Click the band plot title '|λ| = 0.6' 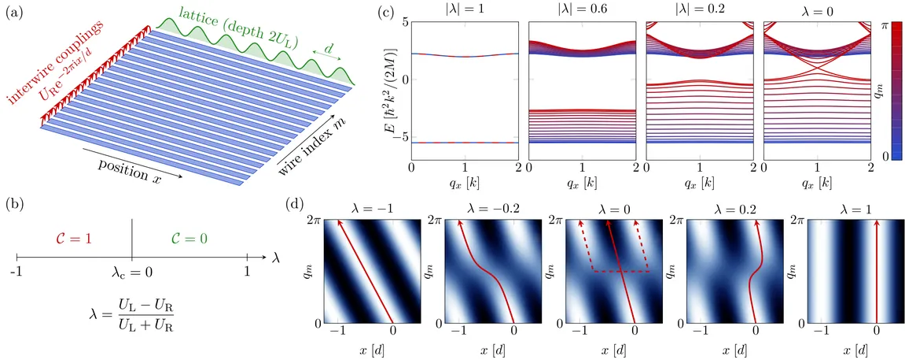point(581,13)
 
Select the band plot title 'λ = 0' point(817,13)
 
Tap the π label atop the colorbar point(883,26)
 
